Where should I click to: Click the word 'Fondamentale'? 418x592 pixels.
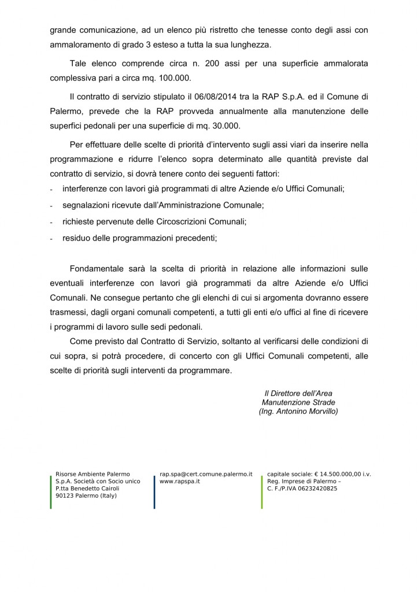96,269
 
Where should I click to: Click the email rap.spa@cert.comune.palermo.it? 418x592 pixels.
206,474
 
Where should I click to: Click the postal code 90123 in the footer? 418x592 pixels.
65,495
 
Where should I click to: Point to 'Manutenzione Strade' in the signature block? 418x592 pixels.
298,402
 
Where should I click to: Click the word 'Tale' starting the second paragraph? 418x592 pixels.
78,62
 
